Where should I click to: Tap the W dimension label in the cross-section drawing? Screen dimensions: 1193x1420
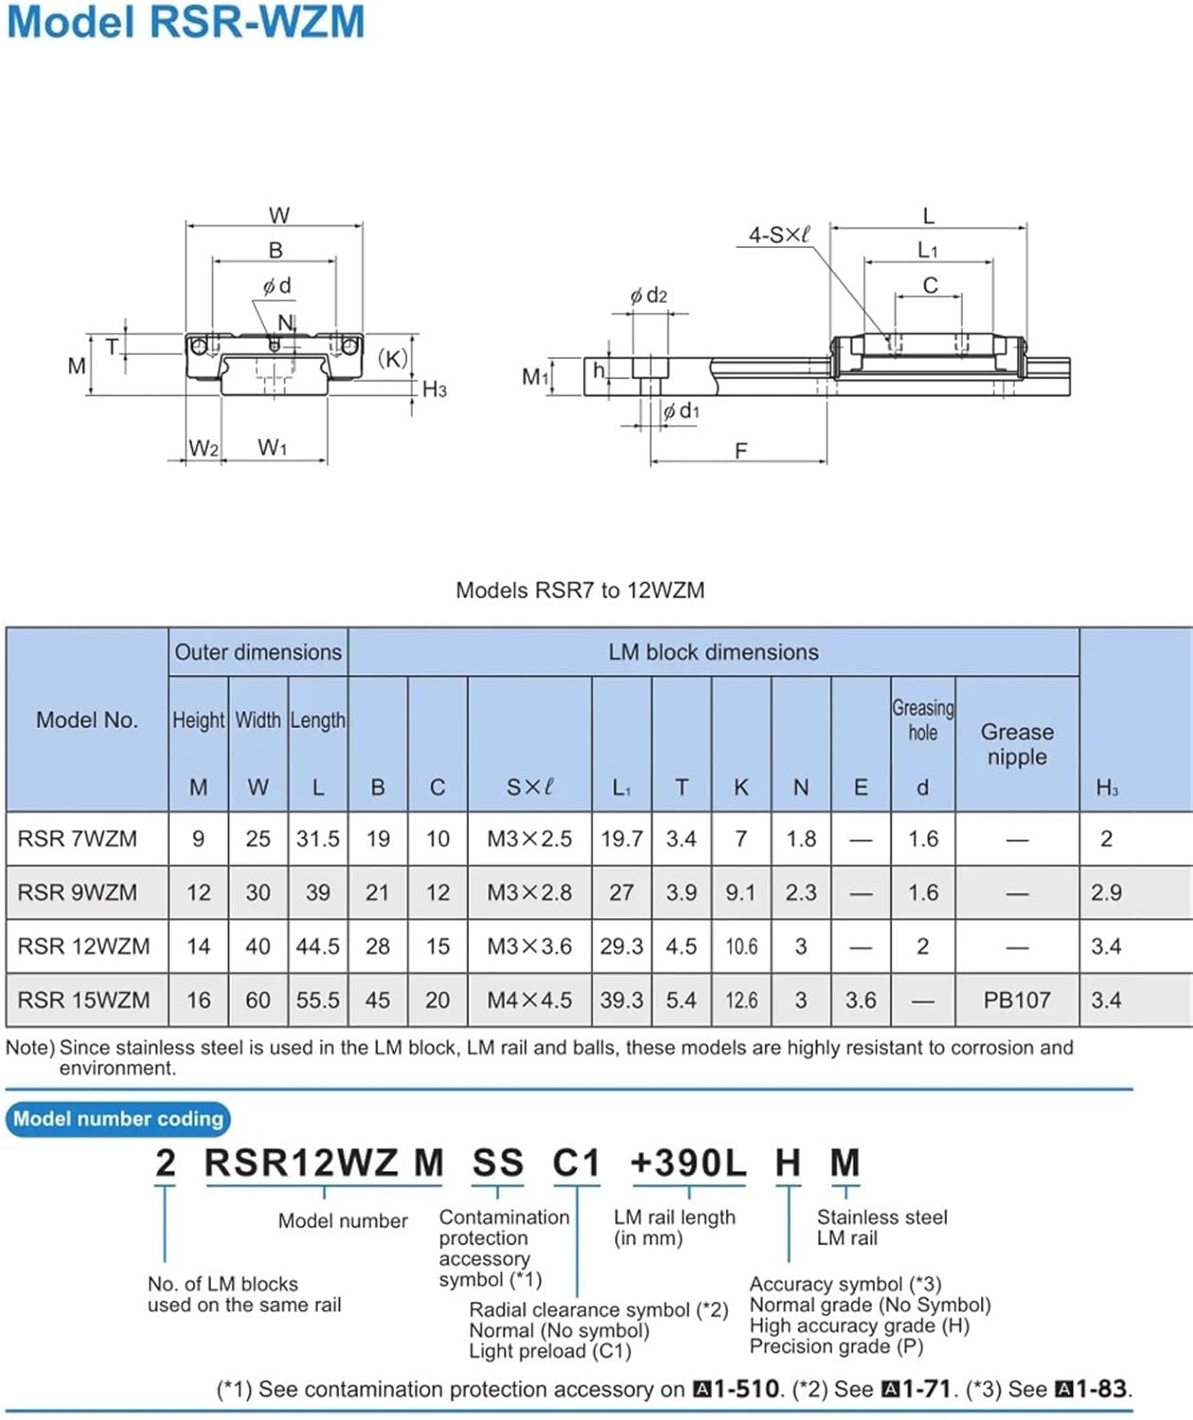click(x=279, y=215)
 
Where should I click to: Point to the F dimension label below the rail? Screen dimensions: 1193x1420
click(x=740, y=451)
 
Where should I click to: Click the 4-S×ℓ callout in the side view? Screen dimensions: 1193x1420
click(x=779, y=236)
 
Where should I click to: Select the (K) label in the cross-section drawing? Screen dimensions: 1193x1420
click(x=392, y=359)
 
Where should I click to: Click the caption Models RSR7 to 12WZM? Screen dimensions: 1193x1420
click(x=580, y=590)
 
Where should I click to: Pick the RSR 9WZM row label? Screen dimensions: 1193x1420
click(x=77, y=892)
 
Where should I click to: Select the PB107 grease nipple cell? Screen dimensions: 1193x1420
click(x=1017, y=1000)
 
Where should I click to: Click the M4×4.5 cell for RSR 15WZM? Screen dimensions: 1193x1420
click(x=529, y=1000)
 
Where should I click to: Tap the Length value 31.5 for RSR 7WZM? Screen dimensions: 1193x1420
click(x=317, y=839)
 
